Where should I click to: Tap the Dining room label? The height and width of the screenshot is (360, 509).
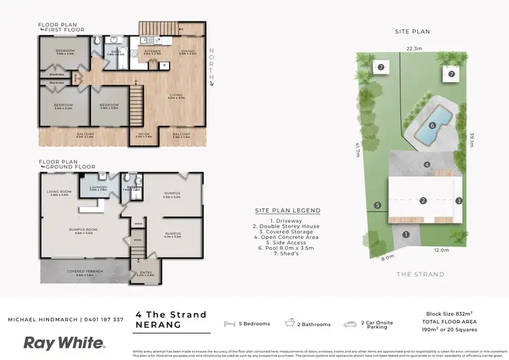pos(187,52)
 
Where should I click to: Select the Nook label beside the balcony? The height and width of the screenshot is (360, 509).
pos(143,134)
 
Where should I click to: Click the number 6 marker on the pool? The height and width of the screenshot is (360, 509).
pos(432,125)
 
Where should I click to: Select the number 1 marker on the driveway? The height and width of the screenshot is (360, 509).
pos(406,234)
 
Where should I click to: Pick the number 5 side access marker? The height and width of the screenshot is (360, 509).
pos(377,204)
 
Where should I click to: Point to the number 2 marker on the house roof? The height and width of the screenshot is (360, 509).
pos(423,200)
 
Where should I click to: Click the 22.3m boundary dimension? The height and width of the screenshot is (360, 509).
pos(414,49)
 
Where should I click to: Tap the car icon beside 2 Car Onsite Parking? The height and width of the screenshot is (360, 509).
pos(350,324)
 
